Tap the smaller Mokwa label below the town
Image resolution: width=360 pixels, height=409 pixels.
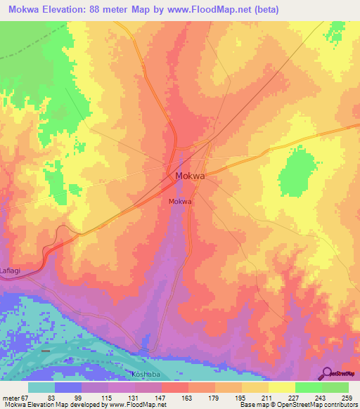click(181, 201)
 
